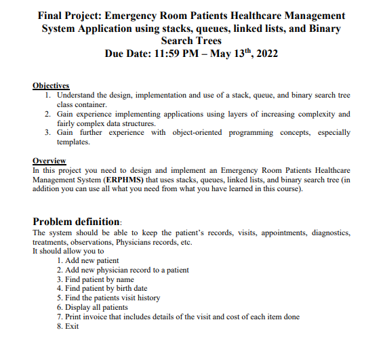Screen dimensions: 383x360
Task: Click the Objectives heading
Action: point(51,85)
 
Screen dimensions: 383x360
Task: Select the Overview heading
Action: point(49,161)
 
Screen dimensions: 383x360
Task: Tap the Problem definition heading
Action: point(77,221)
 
